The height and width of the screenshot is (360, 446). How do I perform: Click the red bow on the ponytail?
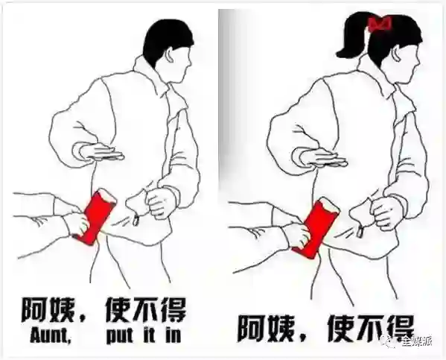pos(380,24)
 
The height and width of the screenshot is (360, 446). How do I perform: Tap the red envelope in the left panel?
pos(95,216)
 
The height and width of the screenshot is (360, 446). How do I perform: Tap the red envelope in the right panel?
pos(316,227)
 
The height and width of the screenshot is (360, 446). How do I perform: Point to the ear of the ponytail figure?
pos(398,55)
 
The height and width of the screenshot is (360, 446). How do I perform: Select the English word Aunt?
pos(51,337)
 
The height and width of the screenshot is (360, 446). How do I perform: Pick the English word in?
pos(173,336)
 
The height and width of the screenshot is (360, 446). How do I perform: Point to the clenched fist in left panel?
pos(161,201)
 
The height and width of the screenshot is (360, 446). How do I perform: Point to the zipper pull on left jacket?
pos(136,220)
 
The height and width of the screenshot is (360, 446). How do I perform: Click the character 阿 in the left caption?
pos(34,312)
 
